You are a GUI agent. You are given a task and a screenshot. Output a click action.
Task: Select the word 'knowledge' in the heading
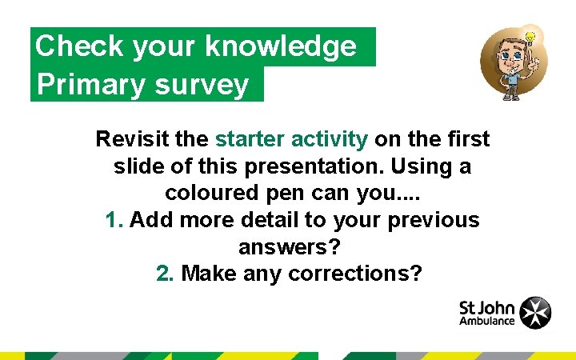click(x=281, y=47)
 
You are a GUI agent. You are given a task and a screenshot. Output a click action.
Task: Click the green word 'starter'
click(x=250, y=139)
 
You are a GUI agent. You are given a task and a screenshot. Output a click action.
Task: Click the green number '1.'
click(x=114, y=220)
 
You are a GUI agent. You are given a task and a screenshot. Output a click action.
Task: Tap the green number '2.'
click(x=166, y=274)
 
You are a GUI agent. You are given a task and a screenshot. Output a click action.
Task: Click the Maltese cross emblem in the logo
click(x=535, y=313)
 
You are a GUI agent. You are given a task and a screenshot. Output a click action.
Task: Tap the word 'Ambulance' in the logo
click(x=487, y=322)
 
